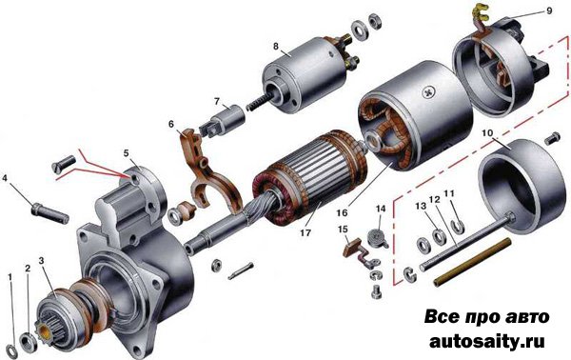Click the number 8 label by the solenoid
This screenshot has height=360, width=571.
pyautogui.click(x=276, y=47)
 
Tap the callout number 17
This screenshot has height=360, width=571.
pyautogui.click(x=305, y=232)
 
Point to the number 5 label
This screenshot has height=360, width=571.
pyautogui.click(x=126, y=153)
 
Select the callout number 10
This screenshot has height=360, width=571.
pyautogui.click(x=487, y=133)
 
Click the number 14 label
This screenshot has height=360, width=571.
pyautogui.click(x=381, y=209)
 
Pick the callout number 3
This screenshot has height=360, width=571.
pyautogui.click(x=41, y=261)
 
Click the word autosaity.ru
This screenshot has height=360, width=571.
pyautogui.click(x=487, y=341)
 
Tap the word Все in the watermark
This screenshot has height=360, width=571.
pyautogui.click(x=443, y=316)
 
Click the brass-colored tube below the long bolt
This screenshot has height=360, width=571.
pyautogui.click(x=472, y=262)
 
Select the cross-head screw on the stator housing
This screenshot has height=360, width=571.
pyautogui.click(x=428, y=92)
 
